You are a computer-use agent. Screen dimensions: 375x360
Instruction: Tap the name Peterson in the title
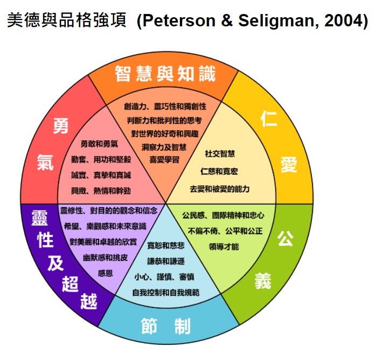(x=179, y=20)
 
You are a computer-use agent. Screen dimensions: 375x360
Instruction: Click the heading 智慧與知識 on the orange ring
(x=165, y=74)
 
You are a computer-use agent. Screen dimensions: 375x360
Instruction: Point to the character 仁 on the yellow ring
(x=269, y=119)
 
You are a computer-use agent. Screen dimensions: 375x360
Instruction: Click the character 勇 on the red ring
(x=61, y=126)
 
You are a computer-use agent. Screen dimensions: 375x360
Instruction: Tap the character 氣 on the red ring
(x=45, y=162)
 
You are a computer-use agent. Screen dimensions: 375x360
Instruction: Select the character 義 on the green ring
(x=263, y=281)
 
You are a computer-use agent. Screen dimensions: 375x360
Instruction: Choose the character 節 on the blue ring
(x=149, y=326)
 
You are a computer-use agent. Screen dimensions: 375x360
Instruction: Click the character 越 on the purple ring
(x=89, y=301)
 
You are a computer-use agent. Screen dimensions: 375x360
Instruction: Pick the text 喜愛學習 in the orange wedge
(x=164, y=160)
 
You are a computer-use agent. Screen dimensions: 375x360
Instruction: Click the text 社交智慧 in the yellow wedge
(x=220, y=153)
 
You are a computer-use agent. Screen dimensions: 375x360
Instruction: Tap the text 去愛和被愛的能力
(x=220, y=189)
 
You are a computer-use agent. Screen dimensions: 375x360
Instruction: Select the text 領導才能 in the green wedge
(x=224, y=246)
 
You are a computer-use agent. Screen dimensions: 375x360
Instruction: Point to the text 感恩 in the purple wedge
(x=105, y=273)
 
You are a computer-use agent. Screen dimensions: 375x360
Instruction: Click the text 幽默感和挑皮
(x=105, y=258)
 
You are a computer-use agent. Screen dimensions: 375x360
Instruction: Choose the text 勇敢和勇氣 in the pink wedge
(x=99, y=144)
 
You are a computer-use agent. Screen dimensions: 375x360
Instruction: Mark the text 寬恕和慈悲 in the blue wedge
(x=166, y=245)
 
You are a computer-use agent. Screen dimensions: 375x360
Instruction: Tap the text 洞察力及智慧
(x=164, y=147)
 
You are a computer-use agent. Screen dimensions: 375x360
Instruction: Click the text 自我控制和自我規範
(x=166, y=292)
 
